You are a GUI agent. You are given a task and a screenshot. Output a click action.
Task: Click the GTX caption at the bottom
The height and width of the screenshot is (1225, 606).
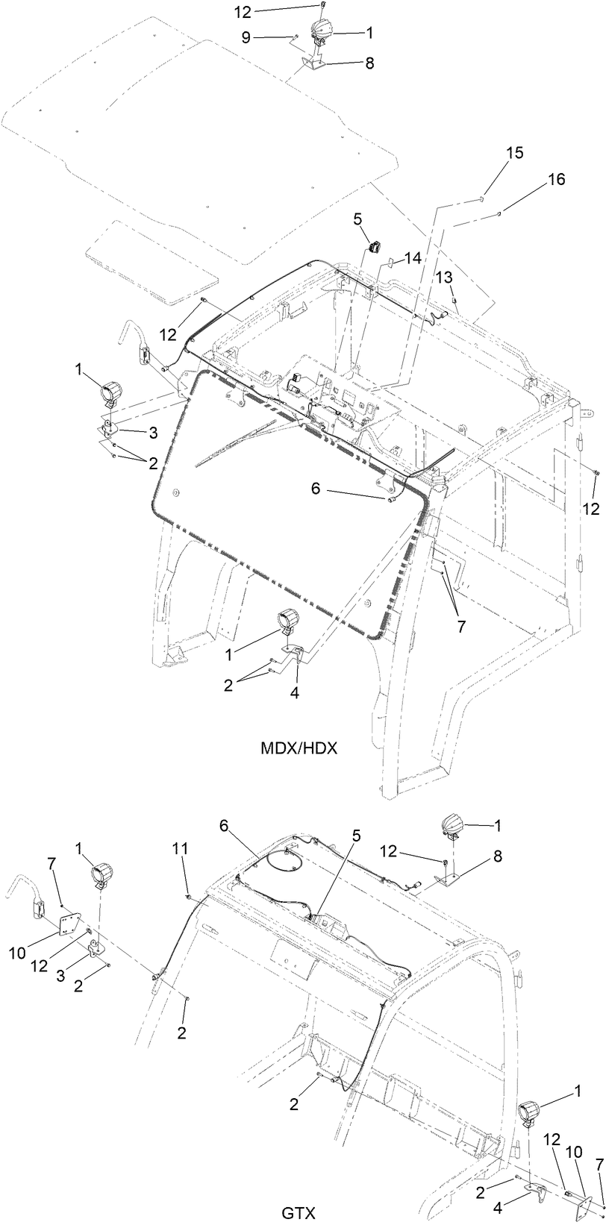(x=299, y=1213)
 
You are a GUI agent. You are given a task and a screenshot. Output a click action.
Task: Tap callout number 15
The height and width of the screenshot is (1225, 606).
(x=514, y=153)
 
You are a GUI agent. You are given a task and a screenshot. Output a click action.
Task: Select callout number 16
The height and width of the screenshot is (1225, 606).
(x=556, y=180)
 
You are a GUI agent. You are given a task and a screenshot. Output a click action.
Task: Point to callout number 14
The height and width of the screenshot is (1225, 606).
(x=413, y=257)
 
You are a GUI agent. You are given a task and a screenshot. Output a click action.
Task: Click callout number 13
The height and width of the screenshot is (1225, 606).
(x=444, y=278)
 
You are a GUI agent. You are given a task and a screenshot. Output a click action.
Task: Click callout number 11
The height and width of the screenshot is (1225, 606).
(x=180, y=849)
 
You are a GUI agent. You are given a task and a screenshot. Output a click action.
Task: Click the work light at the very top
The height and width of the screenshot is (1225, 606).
(x=320, y=30)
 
